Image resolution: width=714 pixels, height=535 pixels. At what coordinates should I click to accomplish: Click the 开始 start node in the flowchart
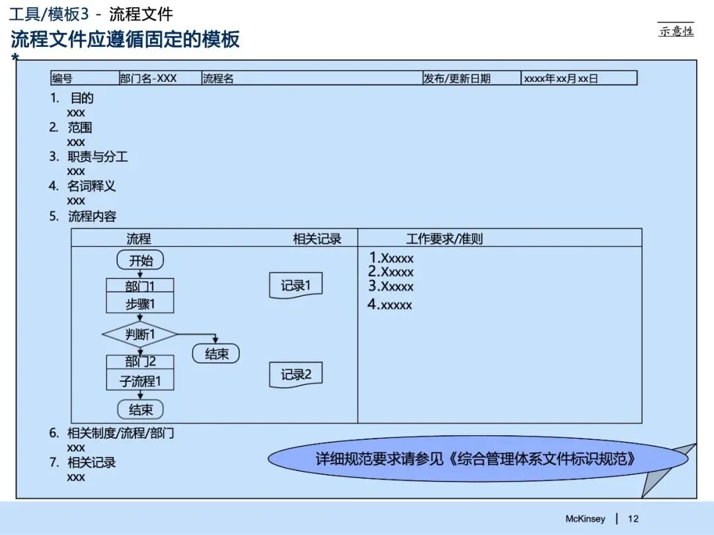(x=140, y=260)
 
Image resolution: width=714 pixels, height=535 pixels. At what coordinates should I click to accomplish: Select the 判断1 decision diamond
(x=140, y=335)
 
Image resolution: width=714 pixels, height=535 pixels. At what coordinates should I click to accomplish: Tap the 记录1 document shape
(x=296, y=286)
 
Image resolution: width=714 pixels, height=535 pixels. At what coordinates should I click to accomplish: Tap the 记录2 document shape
(x=296, y=375)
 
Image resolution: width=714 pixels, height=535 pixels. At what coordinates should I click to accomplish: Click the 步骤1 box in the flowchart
(x=140, y=304)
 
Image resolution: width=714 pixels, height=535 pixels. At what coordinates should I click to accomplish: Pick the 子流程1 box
(x=140, y=381)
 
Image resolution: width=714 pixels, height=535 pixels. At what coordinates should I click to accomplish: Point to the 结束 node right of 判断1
(x=216, y=355)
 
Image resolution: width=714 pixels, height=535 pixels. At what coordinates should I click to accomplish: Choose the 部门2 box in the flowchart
(x=140, y=362)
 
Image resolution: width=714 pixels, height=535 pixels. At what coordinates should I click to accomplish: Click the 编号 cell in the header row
(x=63, y=79)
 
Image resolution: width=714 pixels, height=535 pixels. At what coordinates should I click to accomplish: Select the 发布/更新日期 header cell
(x=457, y=79)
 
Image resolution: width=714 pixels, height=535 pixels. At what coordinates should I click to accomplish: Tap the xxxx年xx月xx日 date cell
(x=561, y=79)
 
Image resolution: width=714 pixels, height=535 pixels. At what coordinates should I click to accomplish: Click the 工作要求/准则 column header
(x=444, y=238)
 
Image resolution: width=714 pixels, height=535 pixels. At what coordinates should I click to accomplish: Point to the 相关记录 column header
(x=317, y=238)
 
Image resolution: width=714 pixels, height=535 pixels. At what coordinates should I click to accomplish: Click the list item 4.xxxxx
(x=390, y=304)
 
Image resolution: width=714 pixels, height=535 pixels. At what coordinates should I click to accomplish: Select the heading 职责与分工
(x=98, y=157)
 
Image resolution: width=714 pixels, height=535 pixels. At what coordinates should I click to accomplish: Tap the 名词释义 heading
(x=92, y=186)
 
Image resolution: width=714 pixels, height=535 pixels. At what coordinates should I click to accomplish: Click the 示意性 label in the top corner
(x=676, y=30)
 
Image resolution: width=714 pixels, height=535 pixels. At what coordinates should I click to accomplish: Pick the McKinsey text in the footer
(x=585, y=518)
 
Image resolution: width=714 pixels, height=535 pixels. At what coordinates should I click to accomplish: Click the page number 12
(x=633, y=518)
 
